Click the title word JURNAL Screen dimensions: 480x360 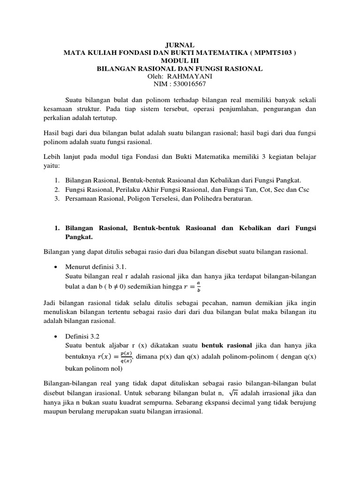(x=180, y=45)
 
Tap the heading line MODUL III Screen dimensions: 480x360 (x=180, y=61)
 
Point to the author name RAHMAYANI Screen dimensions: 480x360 (x=192, y=76)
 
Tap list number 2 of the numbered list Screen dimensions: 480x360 (x=56, y=189)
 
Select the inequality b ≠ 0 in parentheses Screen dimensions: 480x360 (x=135, y=286)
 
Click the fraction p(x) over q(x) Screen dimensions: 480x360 (x=126, y=358)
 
